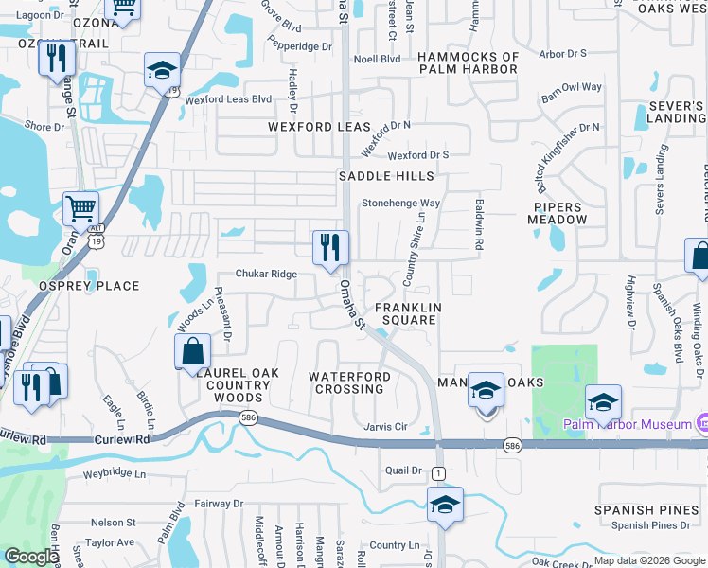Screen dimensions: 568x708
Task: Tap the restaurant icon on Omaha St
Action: [x=330, y=248]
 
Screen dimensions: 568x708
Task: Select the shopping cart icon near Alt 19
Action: [x=81, y=208]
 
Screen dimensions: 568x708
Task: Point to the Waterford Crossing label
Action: [x=349, y=382]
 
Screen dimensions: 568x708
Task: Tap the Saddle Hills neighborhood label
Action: [x=386, y=176]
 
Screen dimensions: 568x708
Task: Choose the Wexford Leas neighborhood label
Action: [x=319, y=127]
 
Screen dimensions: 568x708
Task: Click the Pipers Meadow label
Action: [x=560, y=213]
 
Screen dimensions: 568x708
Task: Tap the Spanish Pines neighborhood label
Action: [x=638, y=510]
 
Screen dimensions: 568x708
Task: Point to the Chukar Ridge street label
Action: [x=267, y=275]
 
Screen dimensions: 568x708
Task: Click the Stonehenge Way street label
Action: [x=401, y=203]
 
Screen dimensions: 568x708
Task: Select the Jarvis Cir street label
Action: [x=386, y=427]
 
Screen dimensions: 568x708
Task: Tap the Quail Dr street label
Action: [x=402, y=470]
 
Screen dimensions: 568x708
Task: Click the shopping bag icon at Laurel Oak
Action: [x=193, y=352]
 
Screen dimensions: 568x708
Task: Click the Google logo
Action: [x=30, y=558]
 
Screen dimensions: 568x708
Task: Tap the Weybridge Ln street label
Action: [x=115, y=473]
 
